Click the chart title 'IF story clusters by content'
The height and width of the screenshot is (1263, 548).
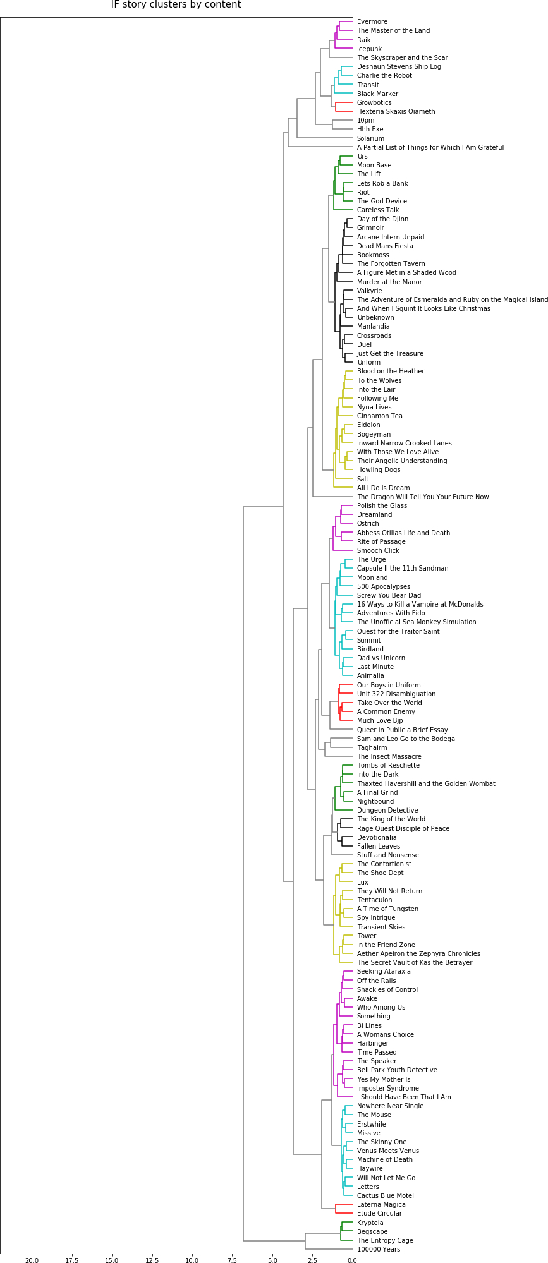[x=176, y=5]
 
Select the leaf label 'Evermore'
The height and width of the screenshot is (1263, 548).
[x=372, y=22]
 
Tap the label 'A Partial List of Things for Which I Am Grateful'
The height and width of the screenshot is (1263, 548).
[x=430, y=148]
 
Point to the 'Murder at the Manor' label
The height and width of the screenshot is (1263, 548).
[x=389, y=282]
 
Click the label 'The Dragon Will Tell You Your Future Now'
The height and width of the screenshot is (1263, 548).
[x=423, y=497]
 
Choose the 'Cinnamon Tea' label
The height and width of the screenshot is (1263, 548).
[x=380, y=416]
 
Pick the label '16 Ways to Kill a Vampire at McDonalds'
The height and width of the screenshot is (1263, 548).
[x=420, y=605]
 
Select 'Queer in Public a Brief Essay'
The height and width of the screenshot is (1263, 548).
[x=403, y=730]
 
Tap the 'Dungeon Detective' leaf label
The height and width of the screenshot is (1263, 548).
[x=387, y=811]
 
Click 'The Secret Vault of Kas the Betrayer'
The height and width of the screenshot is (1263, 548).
[x=415, y=963]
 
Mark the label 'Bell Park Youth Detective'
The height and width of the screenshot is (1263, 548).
[x=397, y=1070]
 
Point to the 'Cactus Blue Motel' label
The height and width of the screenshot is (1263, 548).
[x=386, y=1196]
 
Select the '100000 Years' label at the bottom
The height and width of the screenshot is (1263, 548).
[x=379, y=1250]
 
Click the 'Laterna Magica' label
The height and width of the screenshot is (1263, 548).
[x=381, y=1205]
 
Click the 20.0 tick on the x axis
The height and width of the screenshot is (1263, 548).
[x=32, y=1260]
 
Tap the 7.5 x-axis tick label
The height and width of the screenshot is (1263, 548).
[x=233, y=1260]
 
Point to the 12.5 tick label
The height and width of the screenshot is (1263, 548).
[x=152, y=1260]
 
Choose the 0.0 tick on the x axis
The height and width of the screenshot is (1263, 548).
[x=353, y=1260]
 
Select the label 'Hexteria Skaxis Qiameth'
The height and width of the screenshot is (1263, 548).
[x=396, y=112]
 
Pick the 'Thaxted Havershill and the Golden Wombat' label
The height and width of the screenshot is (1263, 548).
[x=426, y=784]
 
